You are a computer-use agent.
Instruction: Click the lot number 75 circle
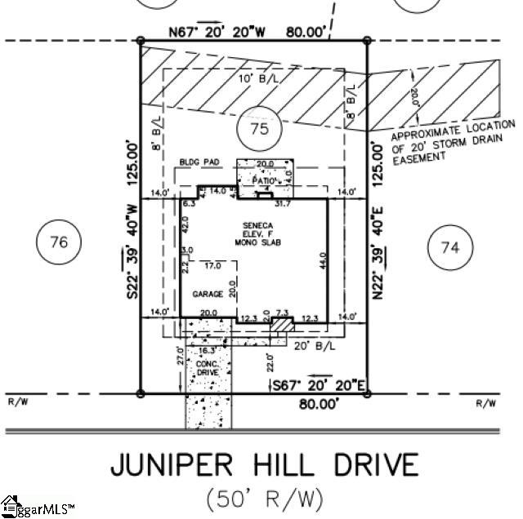click(x=258, y=129)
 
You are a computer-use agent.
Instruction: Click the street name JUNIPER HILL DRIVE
click(x=264, y=465)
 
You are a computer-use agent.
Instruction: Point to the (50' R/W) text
click(x=264, y=497)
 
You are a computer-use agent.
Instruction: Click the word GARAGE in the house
click(x=207, y=294)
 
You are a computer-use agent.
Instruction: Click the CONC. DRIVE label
click(x=208, y=367)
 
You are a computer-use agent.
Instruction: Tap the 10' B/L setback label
click(x=253, y=79)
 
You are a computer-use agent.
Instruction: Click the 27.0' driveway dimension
click(x=180, y=357)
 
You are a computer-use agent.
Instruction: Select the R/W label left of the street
click(x=18, y=402)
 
